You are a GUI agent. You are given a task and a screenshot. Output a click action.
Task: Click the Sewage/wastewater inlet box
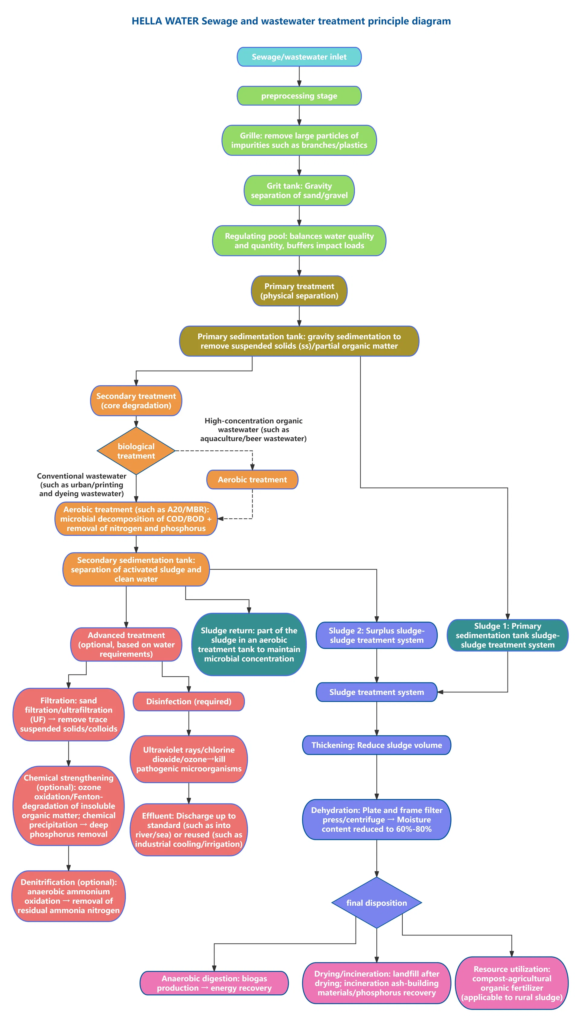click(x=299, y=57)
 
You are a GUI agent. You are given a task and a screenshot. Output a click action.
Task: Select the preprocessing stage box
click(x=299, y=96)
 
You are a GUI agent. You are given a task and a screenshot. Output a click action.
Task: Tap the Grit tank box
click(x=299, y=190)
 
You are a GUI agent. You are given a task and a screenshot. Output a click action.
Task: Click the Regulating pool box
click(x=299, y=240)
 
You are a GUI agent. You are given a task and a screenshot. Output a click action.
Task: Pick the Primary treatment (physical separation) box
click(x=299, y=291)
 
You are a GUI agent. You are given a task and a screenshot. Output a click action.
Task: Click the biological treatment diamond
click(x=136, y=451)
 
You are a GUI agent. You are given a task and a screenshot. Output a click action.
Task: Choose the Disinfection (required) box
click(x=188, y=701)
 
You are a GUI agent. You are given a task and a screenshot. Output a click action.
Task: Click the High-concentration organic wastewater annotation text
click(x=253, y=429)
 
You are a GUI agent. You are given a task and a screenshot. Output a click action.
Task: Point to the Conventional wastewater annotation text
click(x=82, y=484)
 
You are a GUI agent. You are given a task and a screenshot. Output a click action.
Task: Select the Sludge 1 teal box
click(x=507, y=635)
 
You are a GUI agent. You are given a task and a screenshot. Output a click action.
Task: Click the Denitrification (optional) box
click(x=69, y=896)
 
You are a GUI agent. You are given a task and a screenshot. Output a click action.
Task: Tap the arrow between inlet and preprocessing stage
click(x=299, y=76)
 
